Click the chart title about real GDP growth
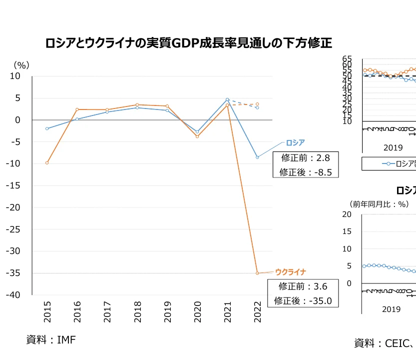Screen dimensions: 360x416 coord(188,43)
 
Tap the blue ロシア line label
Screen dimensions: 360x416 coord(295,142)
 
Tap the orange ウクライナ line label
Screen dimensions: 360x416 coord(290,272)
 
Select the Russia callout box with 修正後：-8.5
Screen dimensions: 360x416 coord(306,165)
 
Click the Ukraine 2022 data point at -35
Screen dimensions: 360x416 coord(257,273)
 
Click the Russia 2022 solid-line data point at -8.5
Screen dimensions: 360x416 coord(257,157)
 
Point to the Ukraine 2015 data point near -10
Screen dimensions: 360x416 coord(47,162)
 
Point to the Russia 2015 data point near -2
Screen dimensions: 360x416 coord(47,128)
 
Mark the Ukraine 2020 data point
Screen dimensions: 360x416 coord(197,136)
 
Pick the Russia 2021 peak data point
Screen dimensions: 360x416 coord(227,99)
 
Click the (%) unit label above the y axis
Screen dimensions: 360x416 coord(21,64)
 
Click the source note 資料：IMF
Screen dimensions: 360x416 coord(51,340)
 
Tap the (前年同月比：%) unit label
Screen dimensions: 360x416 coord(379,204)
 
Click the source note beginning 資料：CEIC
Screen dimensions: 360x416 coord(385,343)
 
